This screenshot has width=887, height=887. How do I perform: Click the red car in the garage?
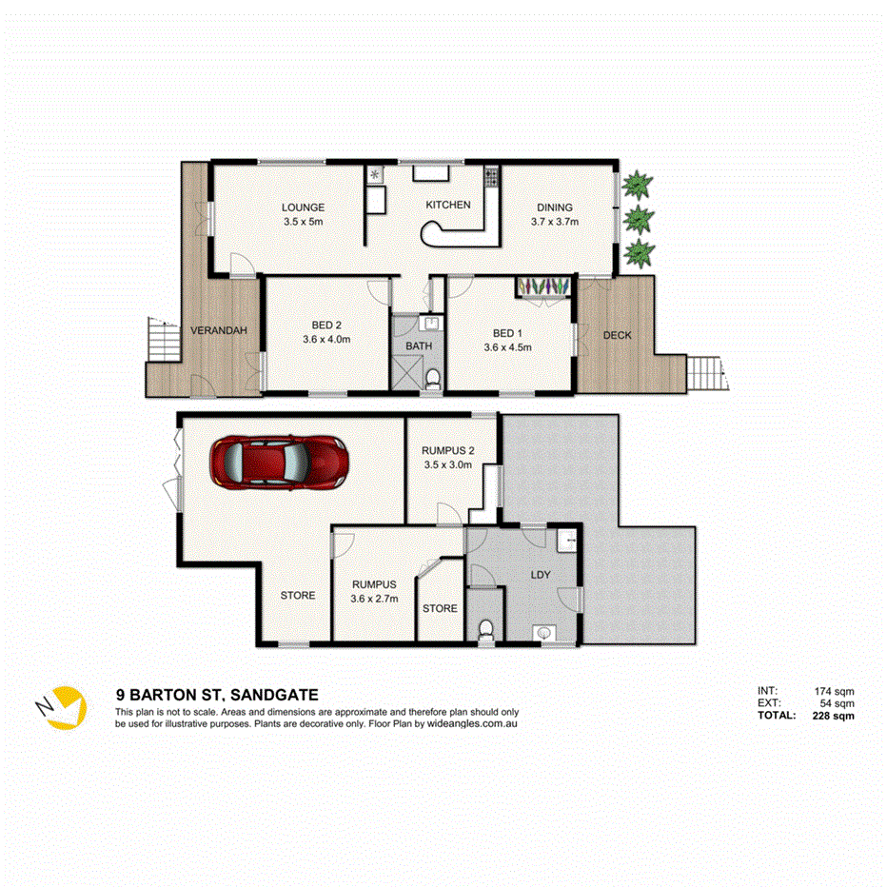tap(279, 463)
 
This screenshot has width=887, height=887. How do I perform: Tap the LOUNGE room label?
tap(303, 207)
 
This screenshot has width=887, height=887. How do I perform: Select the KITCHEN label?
tap(447, 205)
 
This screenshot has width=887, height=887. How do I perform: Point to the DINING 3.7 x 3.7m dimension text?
tap(555, 222)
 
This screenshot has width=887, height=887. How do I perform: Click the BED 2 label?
tap(326, 325)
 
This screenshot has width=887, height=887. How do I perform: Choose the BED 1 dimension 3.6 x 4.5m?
tap(507, 347)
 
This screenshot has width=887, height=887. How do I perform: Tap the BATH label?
tap(419, 345)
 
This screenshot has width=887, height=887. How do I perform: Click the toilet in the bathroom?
tap(433, 380)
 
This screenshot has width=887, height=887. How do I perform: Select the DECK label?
tap(617, 335)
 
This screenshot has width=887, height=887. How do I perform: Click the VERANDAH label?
tap(219, 330)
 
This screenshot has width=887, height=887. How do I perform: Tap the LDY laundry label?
tap(540, 575)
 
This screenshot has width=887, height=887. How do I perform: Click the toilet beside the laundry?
tap(486, 631)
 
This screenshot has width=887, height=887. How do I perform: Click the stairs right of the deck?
tap(704, 369)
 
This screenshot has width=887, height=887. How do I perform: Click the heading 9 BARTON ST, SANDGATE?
tap(216, 696)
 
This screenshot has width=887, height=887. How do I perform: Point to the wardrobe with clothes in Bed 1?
tap(544, 286)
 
